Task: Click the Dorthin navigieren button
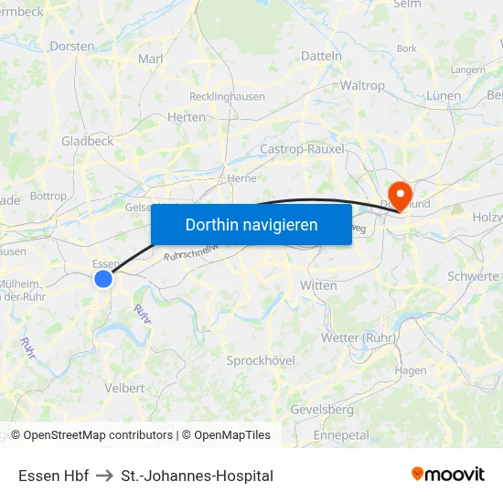(x=251, y=224)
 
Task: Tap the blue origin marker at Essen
(x=103, y=278)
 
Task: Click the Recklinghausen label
(x=227, y=96)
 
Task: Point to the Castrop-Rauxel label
(x=303, y=149)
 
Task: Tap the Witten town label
(x=318, y=285)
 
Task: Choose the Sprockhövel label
(x=261, y=360)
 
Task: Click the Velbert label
(x=124, y=388)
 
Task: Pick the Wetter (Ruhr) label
(x=358, y=337)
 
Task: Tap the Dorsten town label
(x=72, y=46)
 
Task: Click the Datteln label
(x=321, y=56)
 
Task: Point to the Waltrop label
(x=362, y=85)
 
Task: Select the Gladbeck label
(x=87, y=141)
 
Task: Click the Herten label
(x=187, y=117)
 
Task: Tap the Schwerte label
(x=474, y=276)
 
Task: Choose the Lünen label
(x=444, y=96)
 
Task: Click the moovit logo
(x=448, y=475)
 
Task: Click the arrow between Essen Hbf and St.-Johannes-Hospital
(x=104, y=476)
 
